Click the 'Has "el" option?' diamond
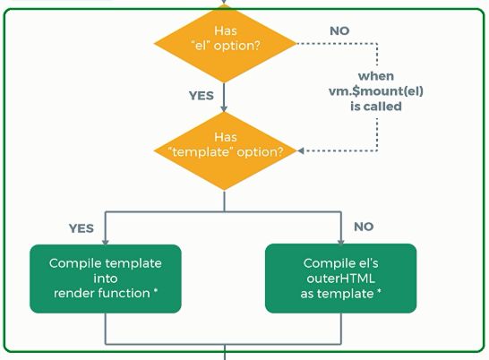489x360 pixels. tap(225, 43)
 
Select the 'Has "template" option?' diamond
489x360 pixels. tap(225, 151)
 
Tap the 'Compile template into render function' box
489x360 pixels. tap(106, 279)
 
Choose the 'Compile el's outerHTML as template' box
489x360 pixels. tap(341, 279)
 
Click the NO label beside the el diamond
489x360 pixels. tap(339, 30)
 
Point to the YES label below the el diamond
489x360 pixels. tap(202, 96)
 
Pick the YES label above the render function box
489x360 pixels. tap(81, 228)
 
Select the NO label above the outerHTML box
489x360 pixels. tap(364, 227)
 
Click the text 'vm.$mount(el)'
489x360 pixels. tap(376, 91)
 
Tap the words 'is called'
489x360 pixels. tap(376, 107)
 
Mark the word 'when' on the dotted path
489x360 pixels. tap(376, 76)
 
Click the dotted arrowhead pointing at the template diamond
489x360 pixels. tap(300, 151)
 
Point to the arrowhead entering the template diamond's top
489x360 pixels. tap(224, 108)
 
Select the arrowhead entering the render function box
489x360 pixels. tap(106, 242)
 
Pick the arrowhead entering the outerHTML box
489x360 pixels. tap(341, 242)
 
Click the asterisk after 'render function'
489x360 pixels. tap(156, 291)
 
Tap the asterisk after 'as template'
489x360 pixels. tap(379, 292)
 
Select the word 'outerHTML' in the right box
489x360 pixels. tap(341, 279)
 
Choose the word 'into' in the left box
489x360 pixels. tap(106, 279)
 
